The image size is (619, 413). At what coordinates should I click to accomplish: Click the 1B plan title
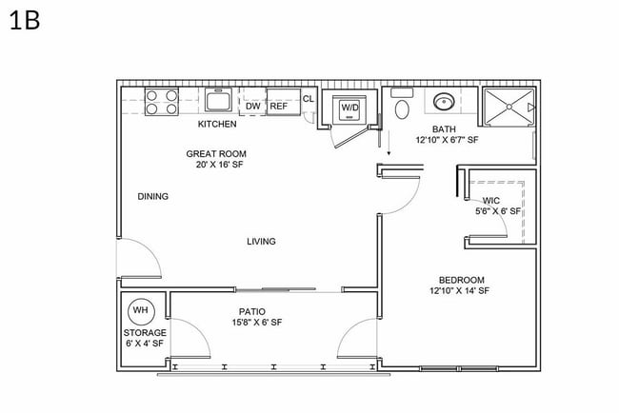click(25, 21)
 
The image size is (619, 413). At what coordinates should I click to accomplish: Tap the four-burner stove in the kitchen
click(162, 102)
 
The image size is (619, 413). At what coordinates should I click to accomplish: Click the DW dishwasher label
click(253, 107)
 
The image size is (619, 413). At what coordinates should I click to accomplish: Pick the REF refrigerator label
click(278, 107)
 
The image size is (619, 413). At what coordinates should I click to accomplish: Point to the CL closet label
click(308, 98)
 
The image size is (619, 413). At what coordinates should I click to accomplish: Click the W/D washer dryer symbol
click(350, 108)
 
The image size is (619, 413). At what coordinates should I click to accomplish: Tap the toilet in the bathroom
click(401, 107)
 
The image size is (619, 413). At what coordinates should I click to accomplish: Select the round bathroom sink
click(444, 102)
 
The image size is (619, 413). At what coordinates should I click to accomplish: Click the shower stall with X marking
click(509, 108)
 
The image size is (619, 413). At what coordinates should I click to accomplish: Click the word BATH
click(444, 128)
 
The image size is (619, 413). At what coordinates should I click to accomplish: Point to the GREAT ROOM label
click(216, 153)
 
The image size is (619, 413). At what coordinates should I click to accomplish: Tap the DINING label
click(152, 197)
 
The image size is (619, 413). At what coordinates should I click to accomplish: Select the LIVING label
click(261, 242)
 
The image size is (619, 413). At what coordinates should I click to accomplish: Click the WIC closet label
click(491, 201)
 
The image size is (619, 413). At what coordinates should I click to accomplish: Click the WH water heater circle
click(141, 311)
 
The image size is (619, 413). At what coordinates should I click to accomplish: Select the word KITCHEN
click(217, 125)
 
